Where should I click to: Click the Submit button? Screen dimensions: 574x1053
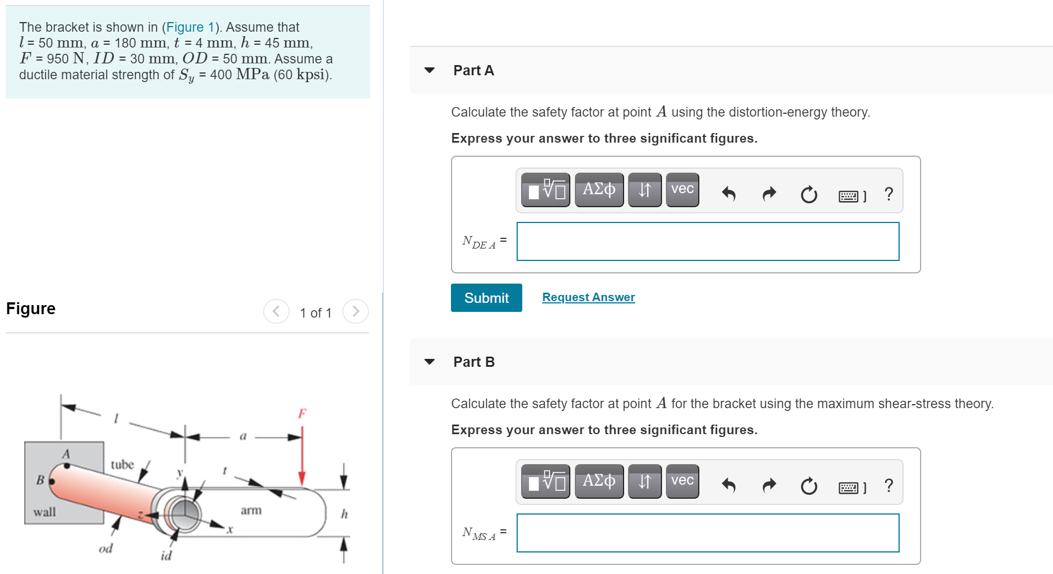[486, 298]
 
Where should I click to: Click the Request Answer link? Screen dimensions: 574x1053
[588, 297]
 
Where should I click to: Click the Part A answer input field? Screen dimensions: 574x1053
[707, 242]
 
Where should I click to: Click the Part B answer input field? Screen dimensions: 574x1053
[707, 533]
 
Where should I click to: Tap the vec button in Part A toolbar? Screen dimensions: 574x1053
[682, 190]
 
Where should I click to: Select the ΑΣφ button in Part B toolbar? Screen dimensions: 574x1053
[599, 481]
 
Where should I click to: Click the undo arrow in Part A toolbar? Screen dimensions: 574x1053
[728, 194]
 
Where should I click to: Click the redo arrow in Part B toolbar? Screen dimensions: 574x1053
[769, 485]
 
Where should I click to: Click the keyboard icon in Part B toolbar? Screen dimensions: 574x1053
[849, 487]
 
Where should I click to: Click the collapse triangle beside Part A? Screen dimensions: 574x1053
[429, 70]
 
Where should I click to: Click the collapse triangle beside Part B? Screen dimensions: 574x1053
[429, 362]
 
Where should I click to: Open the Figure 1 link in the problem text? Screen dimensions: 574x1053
[190, 27]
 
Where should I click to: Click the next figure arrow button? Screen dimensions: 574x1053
[355, 311]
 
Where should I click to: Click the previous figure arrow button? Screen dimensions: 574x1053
[276, 311]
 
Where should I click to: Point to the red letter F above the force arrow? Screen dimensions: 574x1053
[302, 413]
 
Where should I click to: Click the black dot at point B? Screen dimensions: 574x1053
[51, 482]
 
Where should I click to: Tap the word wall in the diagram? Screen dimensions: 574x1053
[45, 512]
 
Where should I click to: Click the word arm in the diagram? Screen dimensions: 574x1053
[251, 510]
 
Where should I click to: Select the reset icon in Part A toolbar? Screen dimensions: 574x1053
[809, 194]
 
